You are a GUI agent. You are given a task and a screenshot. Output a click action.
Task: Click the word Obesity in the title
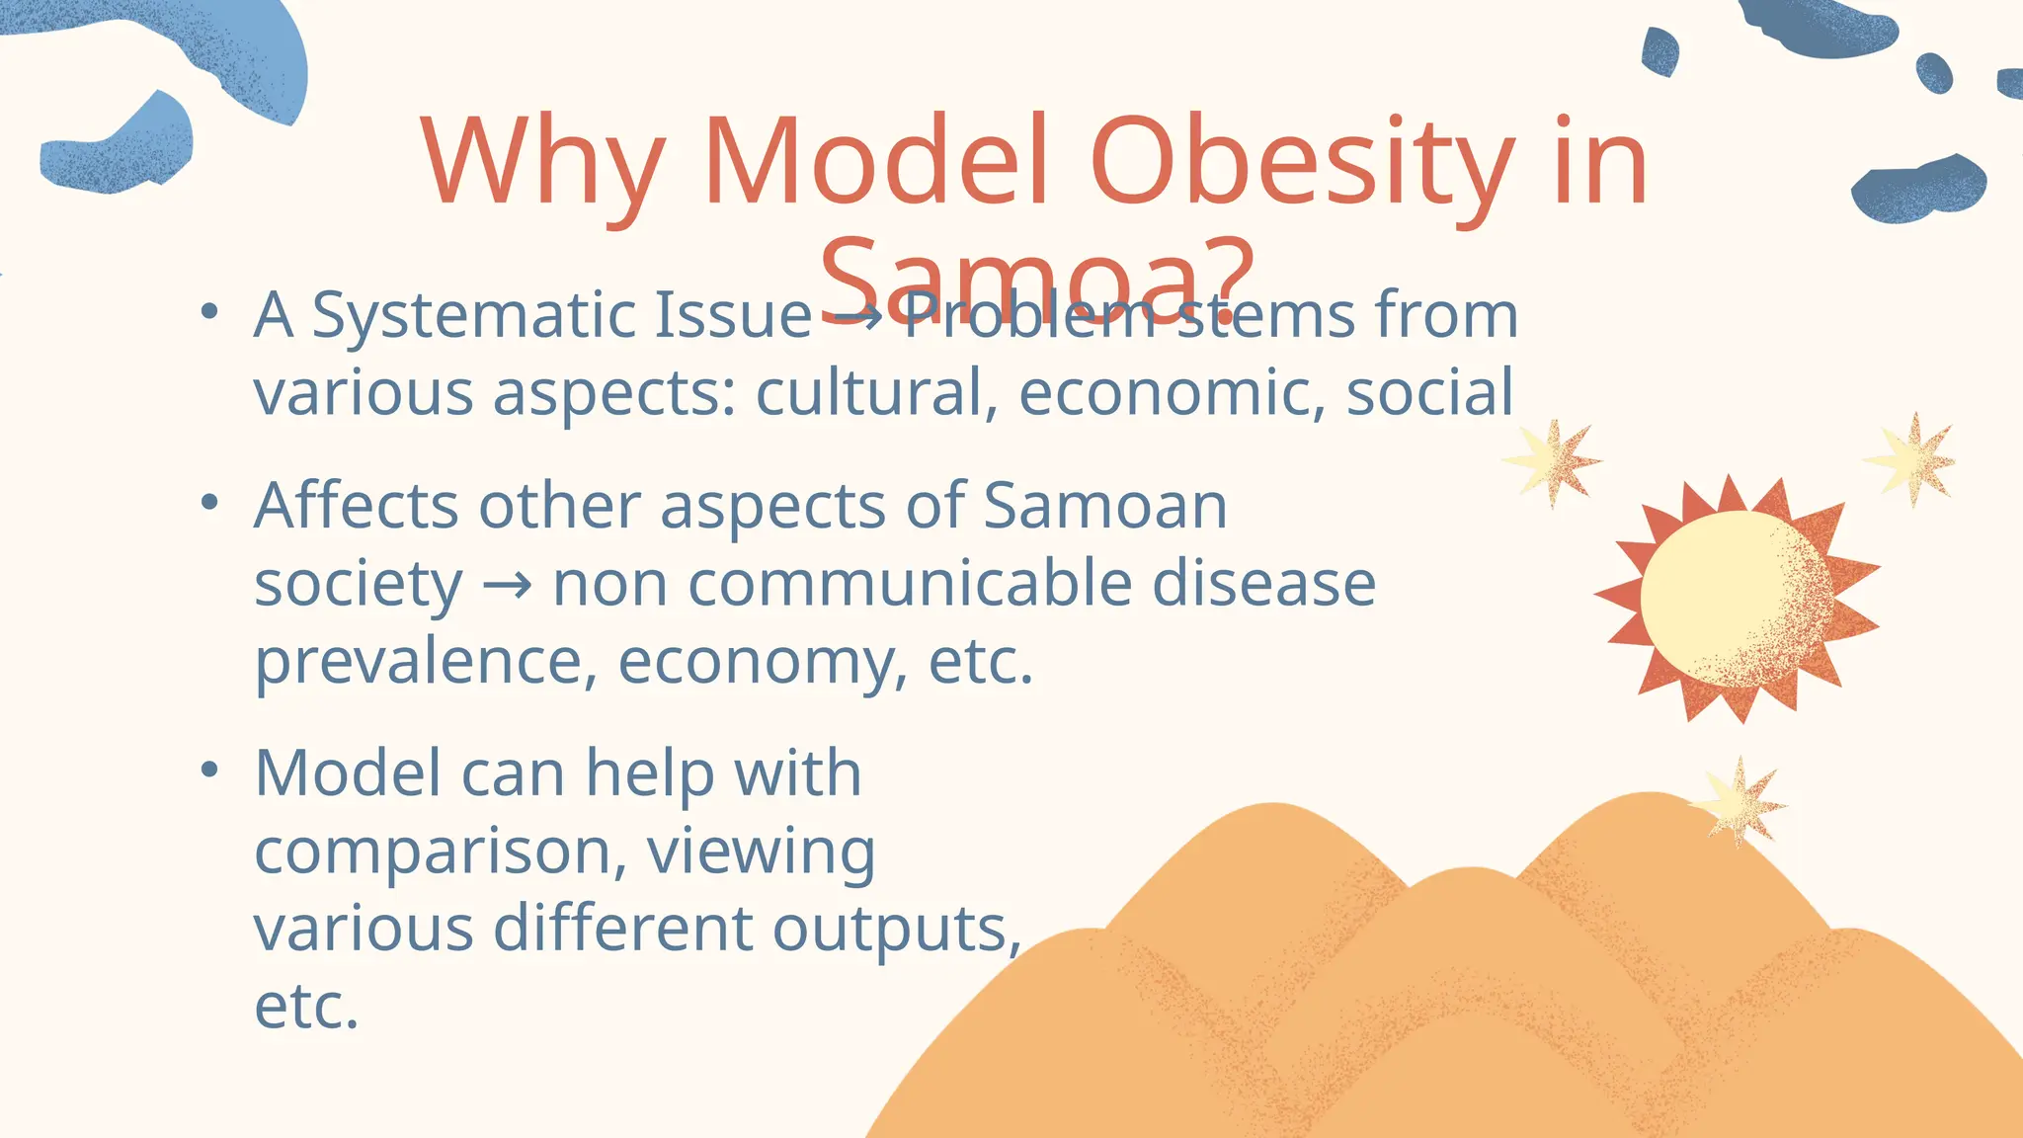pyautogui.click(x=1302, y=163)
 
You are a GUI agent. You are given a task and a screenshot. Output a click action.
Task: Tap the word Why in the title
pyautogui.click(x=541, y=163)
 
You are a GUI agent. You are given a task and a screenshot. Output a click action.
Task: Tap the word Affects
pyautogui.click(x=357, y=506)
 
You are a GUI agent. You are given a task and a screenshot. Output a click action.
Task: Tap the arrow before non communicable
pyautogui.click(x=507, y=585)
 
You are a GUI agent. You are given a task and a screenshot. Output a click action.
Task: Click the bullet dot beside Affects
pyautogui.click(x=207, y=504)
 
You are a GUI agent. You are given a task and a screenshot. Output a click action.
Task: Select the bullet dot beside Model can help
pyautogui.click(x=207, y=770)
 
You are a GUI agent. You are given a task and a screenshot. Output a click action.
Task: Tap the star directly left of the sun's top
pyautogui.click(x=1551, y=461)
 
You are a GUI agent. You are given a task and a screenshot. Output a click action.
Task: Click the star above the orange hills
pyautogui.click(x=1739, y=802)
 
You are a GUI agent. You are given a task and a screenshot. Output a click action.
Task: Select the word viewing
pyautogui.click(x=761, y=851)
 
